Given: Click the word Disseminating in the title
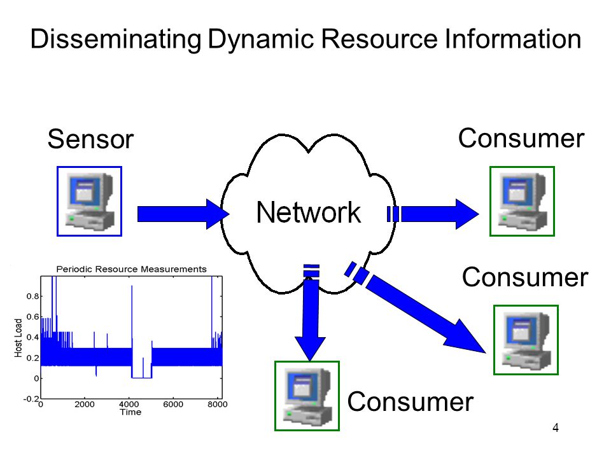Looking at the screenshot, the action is click(x=116, y=39).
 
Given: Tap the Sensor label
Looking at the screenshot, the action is click(x=90, y=139).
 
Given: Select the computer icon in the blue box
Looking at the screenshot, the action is click(x=90, y=202).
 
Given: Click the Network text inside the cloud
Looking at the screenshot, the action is click(x=308, y=212).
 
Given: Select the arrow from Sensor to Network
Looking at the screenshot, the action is click(x=183, y=214).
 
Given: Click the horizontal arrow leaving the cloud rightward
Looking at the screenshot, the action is click(x=433, y=214).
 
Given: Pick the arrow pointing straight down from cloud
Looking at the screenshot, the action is click(x=310, y=312).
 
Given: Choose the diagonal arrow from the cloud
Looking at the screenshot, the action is click(x=416, y=307).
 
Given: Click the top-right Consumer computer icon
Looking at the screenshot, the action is click(x=522, y=202).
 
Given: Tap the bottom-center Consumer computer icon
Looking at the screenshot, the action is click(x=307, y=396).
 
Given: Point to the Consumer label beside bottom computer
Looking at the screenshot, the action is click(x=410, y=401).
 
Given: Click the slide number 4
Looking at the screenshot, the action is click(x=556, y=427).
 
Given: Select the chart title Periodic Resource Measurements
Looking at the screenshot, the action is click(x=131, y=269).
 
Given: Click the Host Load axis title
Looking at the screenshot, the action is click(x=18, y=338).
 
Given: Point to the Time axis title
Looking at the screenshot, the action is click(x=130, y=412).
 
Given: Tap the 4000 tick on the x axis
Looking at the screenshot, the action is click(x=129, y=405).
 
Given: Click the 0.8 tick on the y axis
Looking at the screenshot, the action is click(x=32, y=296).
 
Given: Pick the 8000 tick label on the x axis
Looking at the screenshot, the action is click(x=218, y=405).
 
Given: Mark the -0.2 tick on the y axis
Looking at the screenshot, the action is click(x=31, y=399).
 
